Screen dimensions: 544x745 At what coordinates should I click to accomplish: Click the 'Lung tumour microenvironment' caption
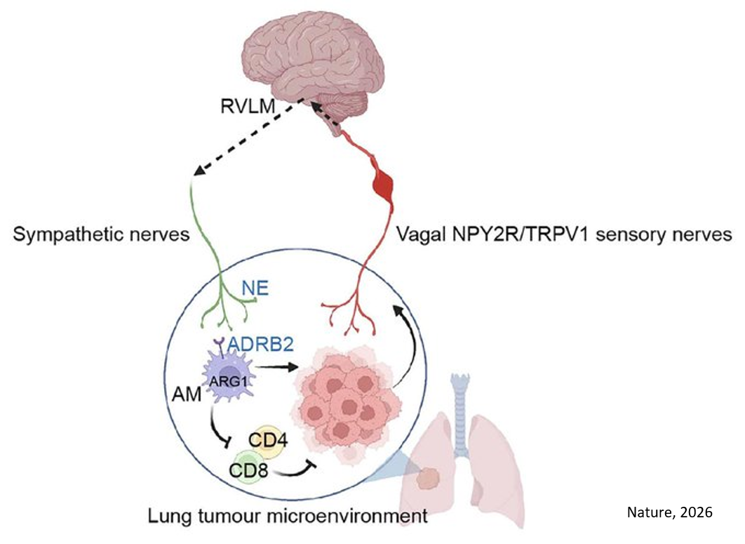pos(288,518)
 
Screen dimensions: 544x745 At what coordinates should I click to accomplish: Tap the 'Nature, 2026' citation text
pos(669,512)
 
